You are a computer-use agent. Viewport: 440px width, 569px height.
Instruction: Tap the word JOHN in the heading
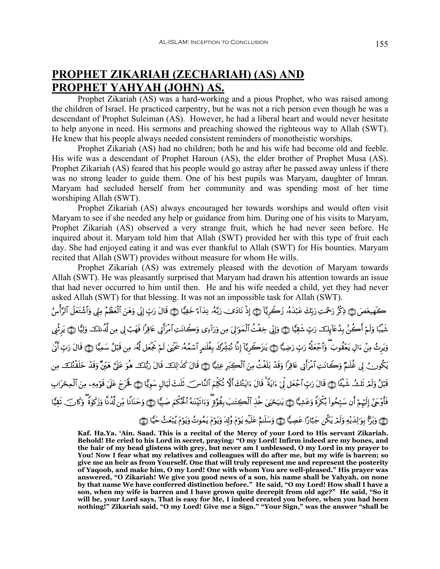click(x=183, y=88)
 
